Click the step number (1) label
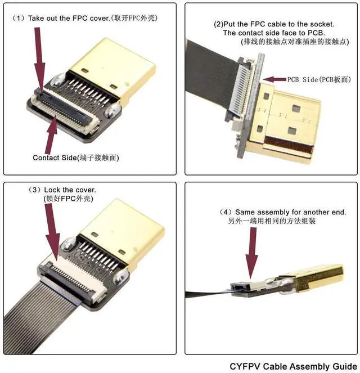click(17, 18)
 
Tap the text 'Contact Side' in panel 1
click(54, 157)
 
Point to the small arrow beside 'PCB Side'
click(274, 80)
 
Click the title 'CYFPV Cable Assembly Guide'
click(293, 366)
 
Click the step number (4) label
click(226, 212)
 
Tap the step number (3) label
click(34, 190)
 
